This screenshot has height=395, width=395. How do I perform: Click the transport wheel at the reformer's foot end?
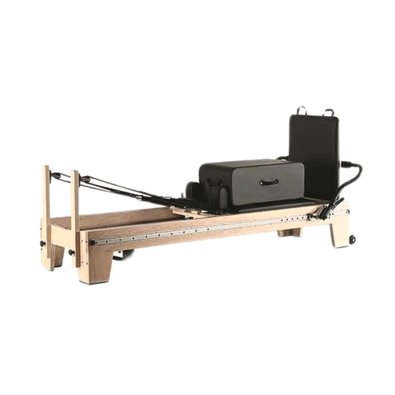click(x=353, y=240)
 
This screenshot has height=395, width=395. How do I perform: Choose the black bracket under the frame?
click(x=126, y=255)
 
